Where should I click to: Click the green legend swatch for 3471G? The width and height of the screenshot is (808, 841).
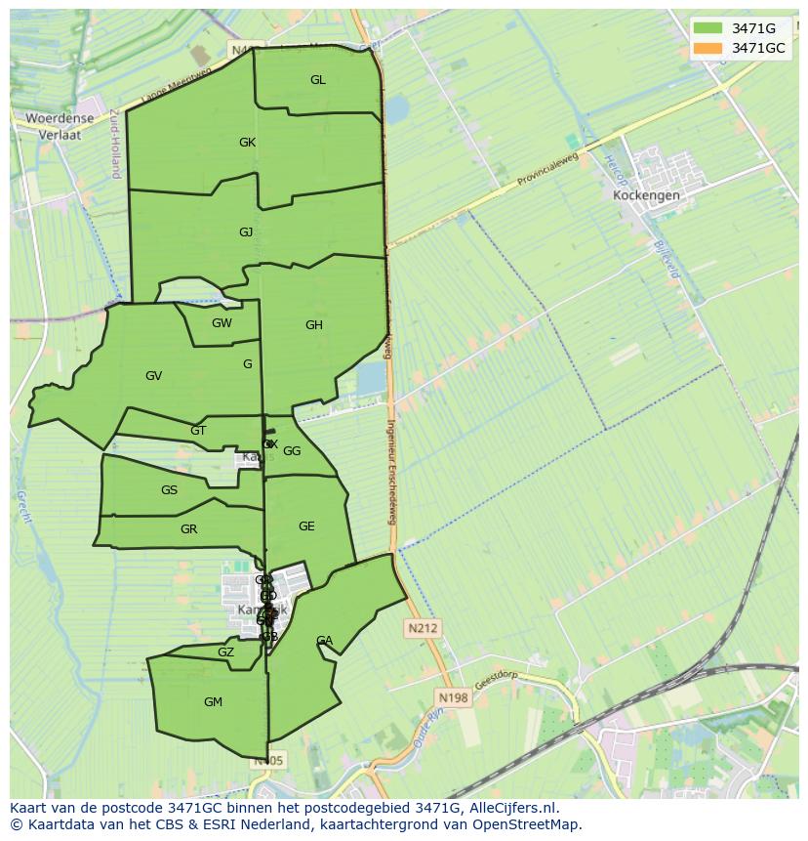tap(708, 28)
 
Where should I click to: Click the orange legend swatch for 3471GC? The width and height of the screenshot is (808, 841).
tap(708, 48)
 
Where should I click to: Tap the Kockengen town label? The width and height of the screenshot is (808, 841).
tap(646, 194)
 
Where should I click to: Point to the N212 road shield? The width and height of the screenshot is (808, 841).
tap(424, 628)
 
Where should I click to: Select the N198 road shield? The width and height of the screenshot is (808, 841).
tap(453, 697)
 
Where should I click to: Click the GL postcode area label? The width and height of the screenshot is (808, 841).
tap(318, 80)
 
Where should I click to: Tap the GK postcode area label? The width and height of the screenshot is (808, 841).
tap(247, 143)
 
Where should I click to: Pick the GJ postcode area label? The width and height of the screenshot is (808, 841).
tap(246, 232)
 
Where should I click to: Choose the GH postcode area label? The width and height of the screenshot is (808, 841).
tap(313, 325)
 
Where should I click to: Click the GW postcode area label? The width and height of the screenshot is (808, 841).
tap(222, 323)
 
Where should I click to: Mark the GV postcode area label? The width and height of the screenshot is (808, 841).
tap(153, 376)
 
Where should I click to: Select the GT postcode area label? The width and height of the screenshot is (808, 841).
tap(198, 431)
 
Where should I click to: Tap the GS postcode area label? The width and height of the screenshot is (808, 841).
tap(170, 490)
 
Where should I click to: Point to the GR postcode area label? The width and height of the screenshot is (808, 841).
tap(189, 529)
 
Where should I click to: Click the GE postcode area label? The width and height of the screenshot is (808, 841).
tap(306, 526)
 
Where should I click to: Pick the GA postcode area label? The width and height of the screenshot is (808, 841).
tap(324, 641)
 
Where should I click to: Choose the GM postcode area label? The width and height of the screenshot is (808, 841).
tap(213, 702)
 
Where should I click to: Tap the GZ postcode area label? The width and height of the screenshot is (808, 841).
tap(225, 652)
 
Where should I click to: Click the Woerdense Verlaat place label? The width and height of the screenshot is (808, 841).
tap(60, 127)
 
